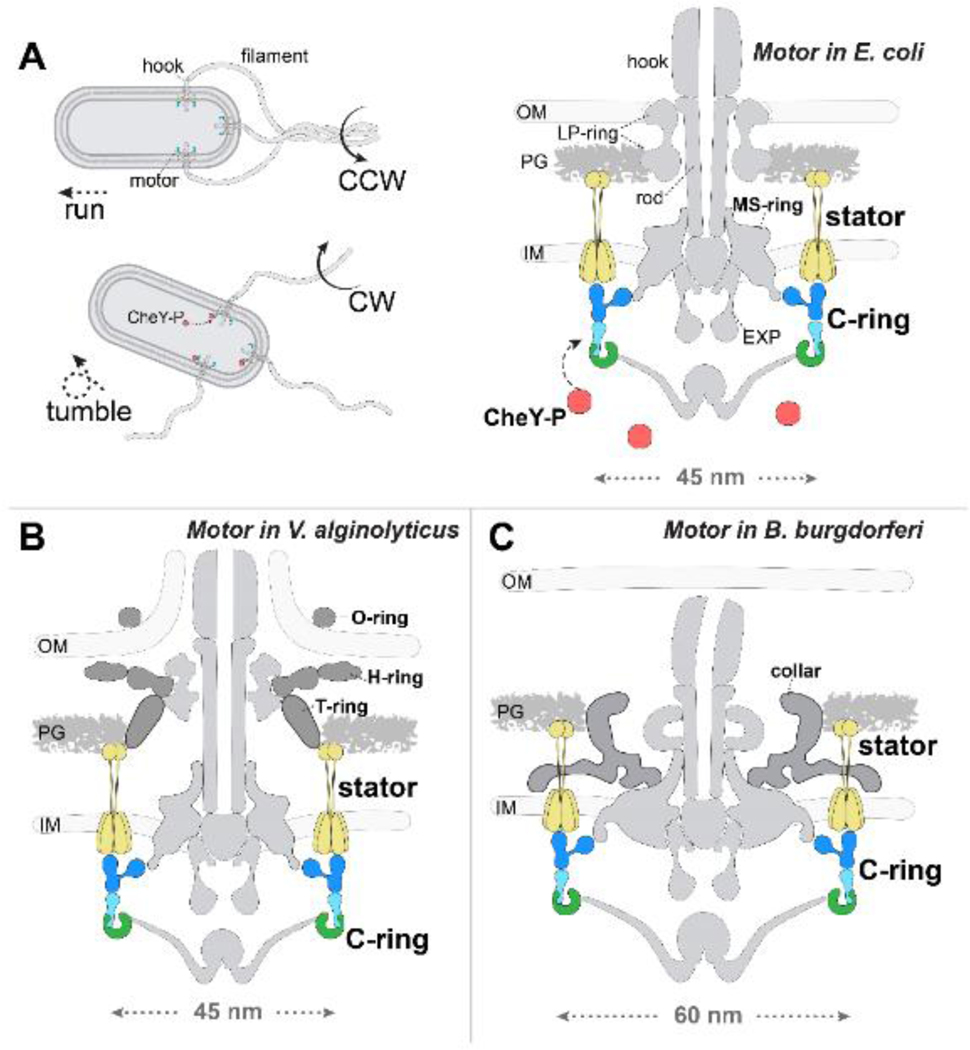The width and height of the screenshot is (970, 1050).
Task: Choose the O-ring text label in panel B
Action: [x=384, y=618]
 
